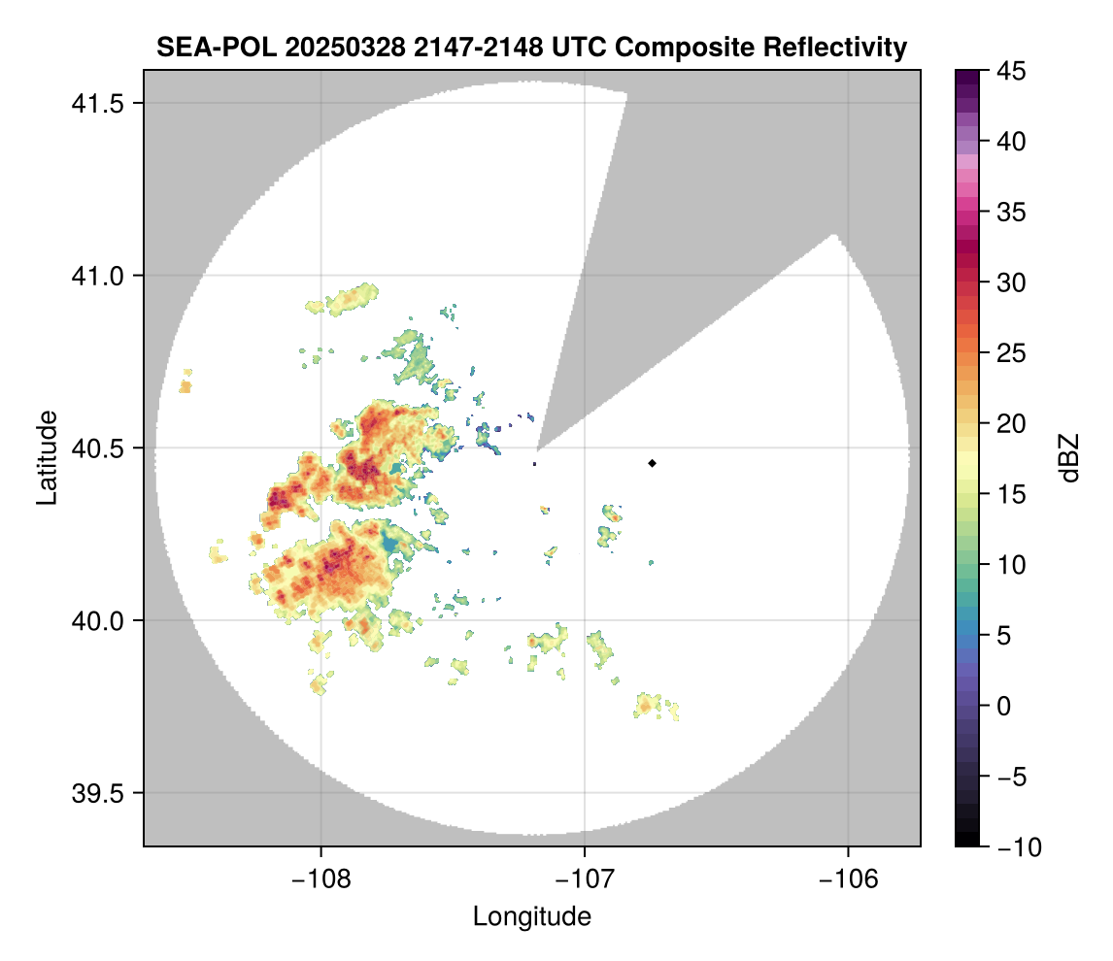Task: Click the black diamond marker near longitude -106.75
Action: point(652,463)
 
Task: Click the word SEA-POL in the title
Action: point(200,48)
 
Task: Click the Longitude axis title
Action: point(531,916)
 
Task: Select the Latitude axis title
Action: point(46,457)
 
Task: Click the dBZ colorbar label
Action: point(1069,457)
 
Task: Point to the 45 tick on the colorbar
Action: point(1009,71)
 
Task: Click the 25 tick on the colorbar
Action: point(1009,353)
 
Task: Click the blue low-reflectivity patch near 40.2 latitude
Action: point(390,542)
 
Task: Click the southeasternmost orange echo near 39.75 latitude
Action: point(648,704)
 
